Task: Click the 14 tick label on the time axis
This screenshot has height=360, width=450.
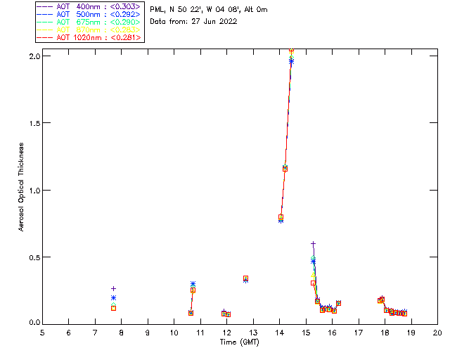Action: (280, 332)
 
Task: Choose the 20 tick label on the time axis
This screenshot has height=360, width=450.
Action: (437, 332)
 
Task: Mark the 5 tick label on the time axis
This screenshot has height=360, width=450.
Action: (42, 332)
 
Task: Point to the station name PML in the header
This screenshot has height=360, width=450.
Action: (157, 10)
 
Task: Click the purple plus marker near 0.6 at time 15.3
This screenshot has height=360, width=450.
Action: (313, 243)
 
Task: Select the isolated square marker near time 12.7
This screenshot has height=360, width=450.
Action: (245, 278)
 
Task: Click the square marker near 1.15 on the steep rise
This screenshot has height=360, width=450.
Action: (285, 168)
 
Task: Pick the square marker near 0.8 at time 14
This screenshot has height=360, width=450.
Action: (281, 217)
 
